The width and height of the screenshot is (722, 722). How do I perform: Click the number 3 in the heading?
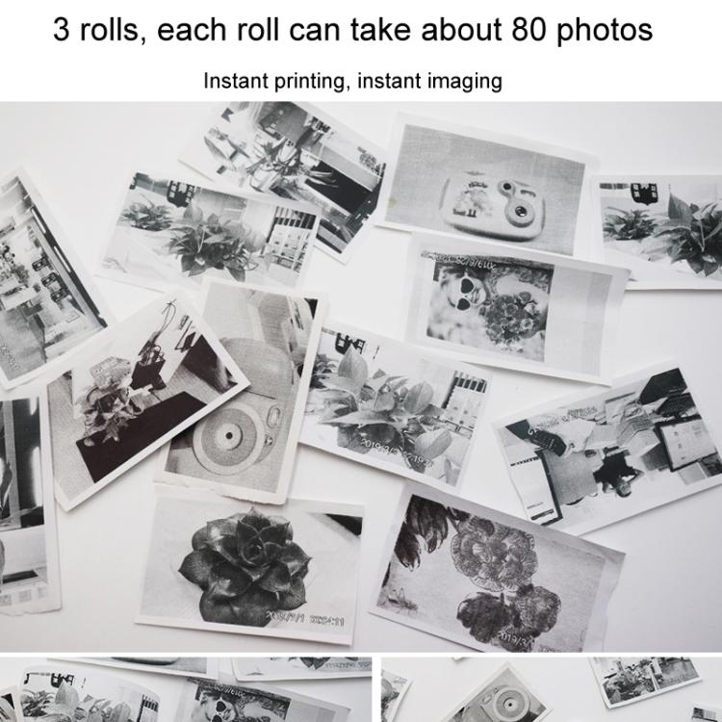62,30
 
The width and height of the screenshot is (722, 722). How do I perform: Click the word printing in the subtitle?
299,81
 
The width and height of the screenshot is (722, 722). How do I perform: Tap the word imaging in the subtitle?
466,81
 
